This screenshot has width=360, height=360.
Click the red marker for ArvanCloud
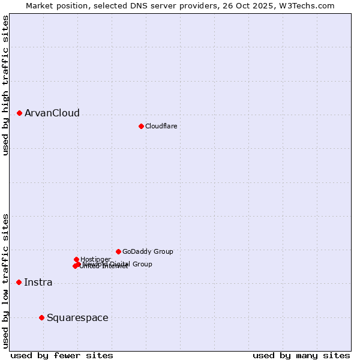click(19, 113)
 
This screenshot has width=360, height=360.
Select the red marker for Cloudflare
click(141, 126)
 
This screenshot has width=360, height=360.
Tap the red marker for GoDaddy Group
click(118, 251)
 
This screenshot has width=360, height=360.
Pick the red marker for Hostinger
click(76, 259)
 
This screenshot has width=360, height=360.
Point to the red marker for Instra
click(19, 282)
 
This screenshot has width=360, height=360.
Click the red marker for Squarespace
click(41, 317)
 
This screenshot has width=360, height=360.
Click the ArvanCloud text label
click(52, 113)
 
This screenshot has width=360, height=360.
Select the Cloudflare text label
click(161, 126)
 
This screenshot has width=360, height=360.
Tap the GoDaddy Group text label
click(148, 251)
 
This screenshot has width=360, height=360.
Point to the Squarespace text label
click(77, 317)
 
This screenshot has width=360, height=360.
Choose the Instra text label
click(38, 282)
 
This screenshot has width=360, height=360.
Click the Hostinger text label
click(95, 259)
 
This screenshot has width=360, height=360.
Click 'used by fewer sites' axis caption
click(62, 355)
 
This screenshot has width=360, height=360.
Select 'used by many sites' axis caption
click(301, 355)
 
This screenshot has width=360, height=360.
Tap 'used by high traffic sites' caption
click(5, 85)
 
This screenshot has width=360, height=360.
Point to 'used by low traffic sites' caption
click(5, 280)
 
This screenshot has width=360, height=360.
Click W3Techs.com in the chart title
click(308, 5)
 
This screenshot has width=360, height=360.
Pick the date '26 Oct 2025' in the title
click(251, 5)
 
